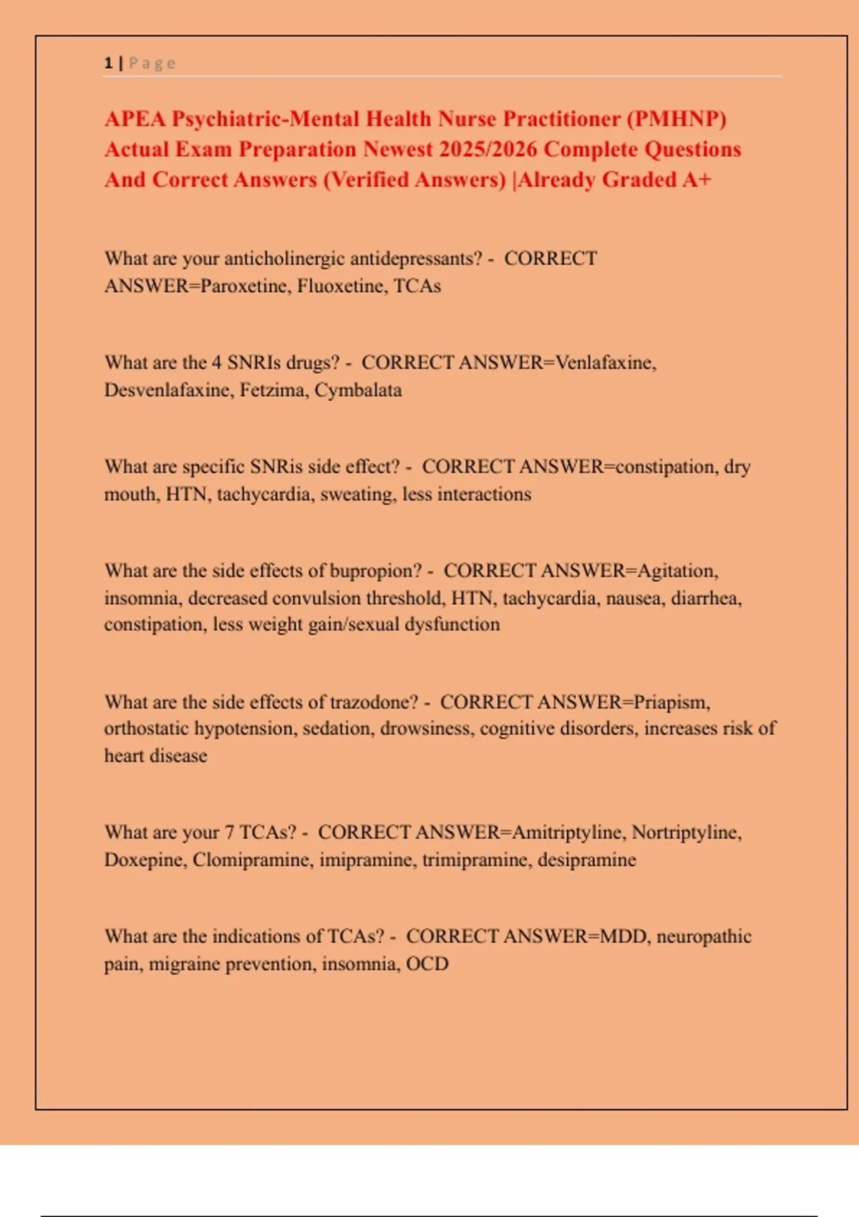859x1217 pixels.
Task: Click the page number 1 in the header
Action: coord(108,63)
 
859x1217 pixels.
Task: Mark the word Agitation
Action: coord(676,571)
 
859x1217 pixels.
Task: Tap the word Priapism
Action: coord(671,702)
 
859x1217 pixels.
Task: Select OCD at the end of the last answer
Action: coord(427,964)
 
